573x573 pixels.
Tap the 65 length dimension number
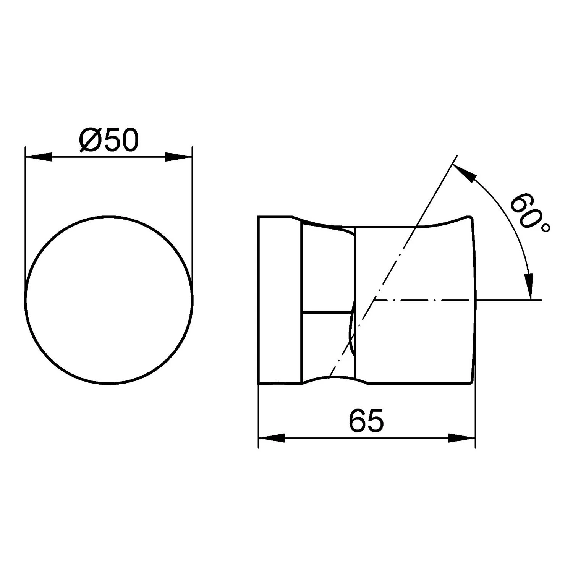click(366, 421)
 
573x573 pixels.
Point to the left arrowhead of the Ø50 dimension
click(38, 157)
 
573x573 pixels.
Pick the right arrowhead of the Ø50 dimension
click(178, 157)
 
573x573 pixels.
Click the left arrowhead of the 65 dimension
click(272, 438)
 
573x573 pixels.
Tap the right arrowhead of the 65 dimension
click(461, 438)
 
